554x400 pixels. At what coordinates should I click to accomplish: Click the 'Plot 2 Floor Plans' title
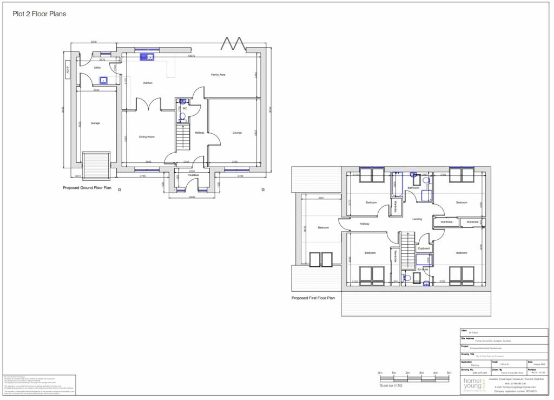point(39,14)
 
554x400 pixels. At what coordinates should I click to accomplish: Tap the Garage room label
point(95,123)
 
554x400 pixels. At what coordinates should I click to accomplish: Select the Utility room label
point(97,68)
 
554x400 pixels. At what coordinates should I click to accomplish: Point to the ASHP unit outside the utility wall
point(67,70)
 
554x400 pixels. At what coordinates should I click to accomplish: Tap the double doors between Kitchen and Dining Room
point(149,106)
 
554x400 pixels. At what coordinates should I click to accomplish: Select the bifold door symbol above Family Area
point(236,43)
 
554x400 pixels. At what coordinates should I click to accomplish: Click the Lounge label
point(237,133)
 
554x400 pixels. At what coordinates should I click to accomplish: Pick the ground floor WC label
point(184,108)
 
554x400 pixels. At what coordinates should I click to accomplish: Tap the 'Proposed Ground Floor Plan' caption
point(87,188)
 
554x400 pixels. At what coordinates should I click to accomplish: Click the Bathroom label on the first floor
point(413,188)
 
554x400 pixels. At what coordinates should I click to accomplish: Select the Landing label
point(417,219)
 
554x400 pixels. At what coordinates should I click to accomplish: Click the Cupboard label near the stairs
point(424,248)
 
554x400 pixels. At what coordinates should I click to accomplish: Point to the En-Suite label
point(423,269)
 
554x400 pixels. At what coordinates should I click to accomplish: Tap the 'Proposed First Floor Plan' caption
point(313,298)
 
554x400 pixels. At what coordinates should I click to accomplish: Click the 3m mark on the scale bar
point(421,373)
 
